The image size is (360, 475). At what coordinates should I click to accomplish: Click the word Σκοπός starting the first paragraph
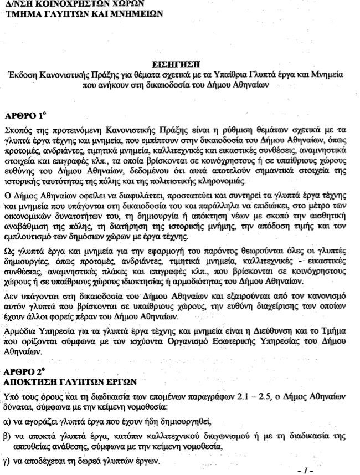[18, 131]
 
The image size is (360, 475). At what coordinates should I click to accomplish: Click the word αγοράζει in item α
[40, 421]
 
